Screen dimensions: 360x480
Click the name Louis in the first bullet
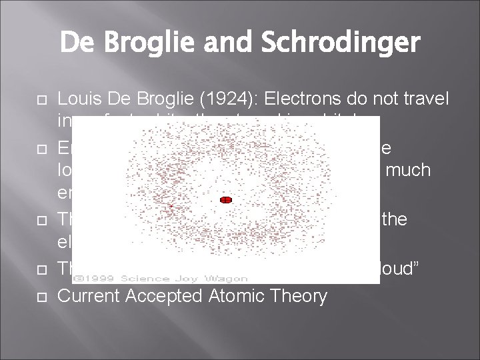79,99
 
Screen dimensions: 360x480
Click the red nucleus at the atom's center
225,199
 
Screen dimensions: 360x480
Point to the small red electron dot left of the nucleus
171,207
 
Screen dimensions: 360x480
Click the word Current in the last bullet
87,295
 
